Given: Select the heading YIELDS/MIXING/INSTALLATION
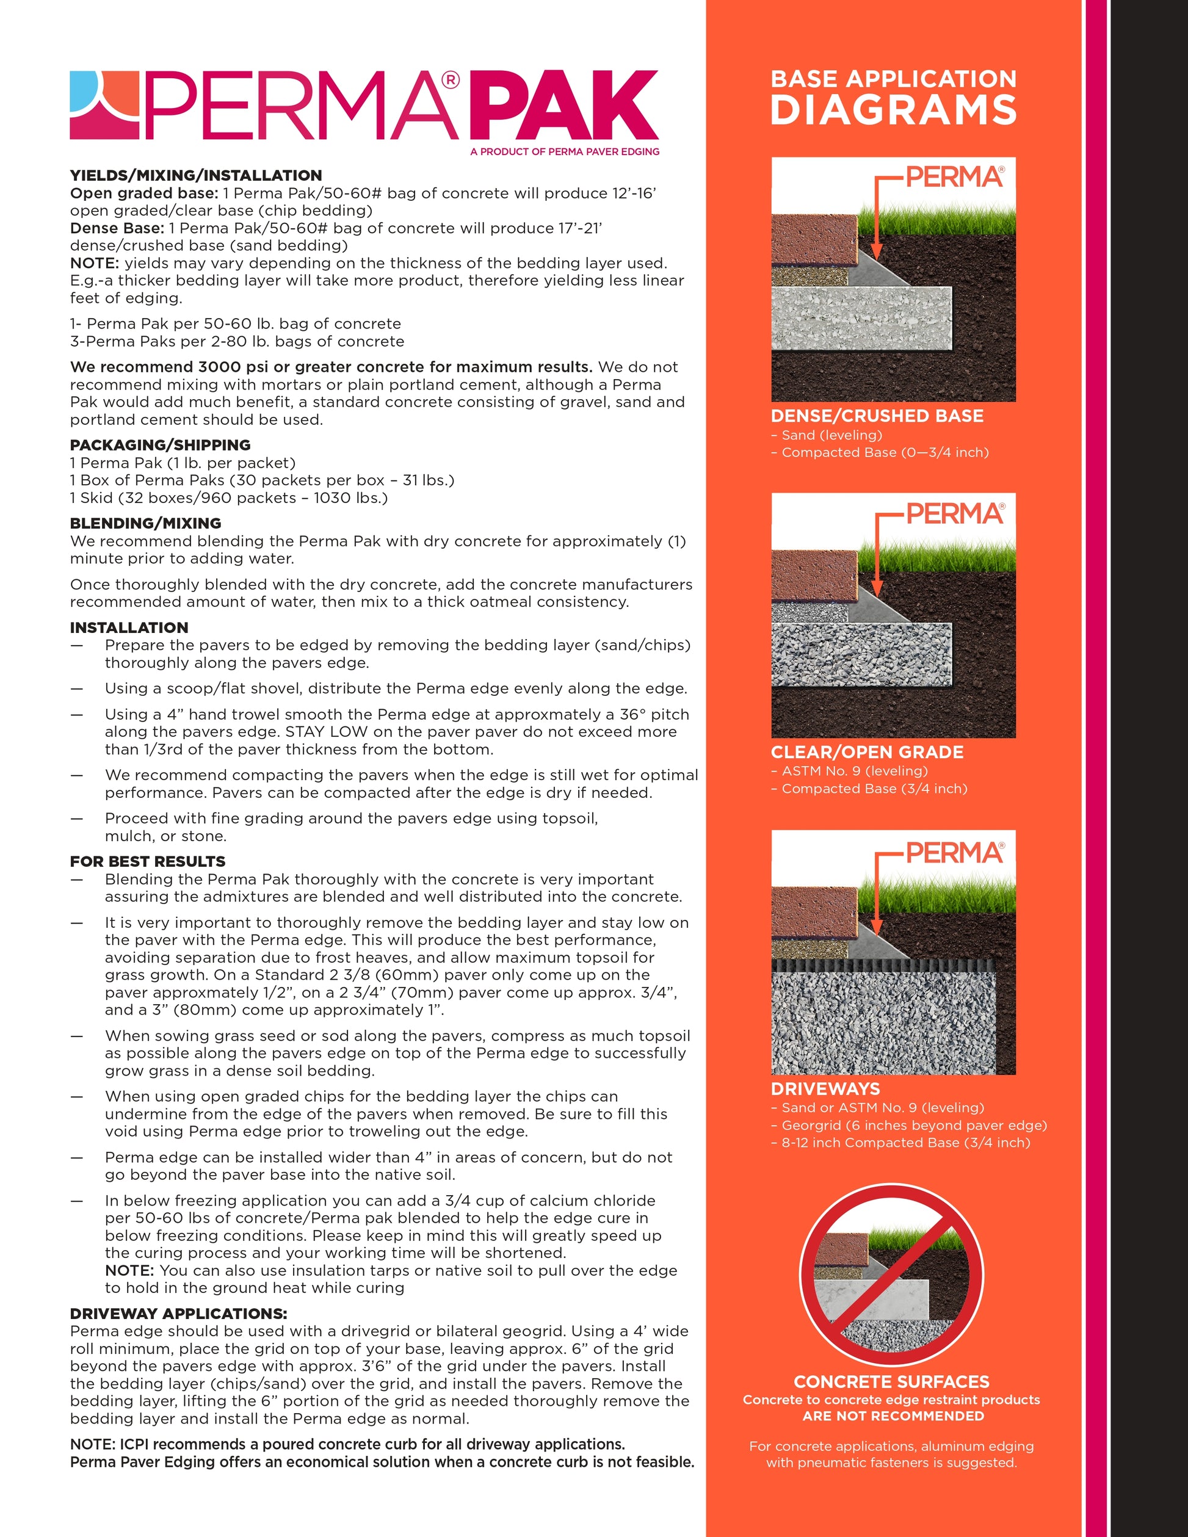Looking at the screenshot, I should click(x=195, y=175).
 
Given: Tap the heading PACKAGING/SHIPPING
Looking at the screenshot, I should click(x=160, y=445).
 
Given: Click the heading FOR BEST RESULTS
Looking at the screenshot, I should click(x=147, y=861).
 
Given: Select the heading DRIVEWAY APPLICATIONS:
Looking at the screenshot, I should click(x=178, y=1313).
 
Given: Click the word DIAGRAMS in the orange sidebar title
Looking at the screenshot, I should click(x=893, y=110).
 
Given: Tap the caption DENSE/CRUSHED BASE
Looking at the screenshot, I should click(x=877, y=416).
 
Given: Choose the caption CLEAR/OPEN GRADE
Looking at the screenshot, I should click(x=867, y=751).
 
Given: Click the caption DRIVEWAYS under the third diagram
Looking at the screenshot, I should click(x=825, y=1089).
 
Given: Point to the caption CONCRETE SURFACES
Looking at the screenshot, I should click(x=891, y=1381).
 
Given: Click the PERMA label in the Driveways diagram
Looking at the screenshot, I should click(x=954, y=853).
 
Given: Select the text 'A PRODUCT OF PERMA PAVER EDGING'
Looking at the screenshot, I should click(x=565, y=151).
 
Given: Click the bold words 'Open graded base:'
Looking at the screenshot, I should click(x=143, y=193).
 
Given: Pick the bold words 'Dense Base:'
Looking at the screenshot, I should click(x=117, y=228).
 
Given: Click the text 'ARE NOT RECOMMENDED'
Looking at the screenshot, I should click(x=893, y=1416).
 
